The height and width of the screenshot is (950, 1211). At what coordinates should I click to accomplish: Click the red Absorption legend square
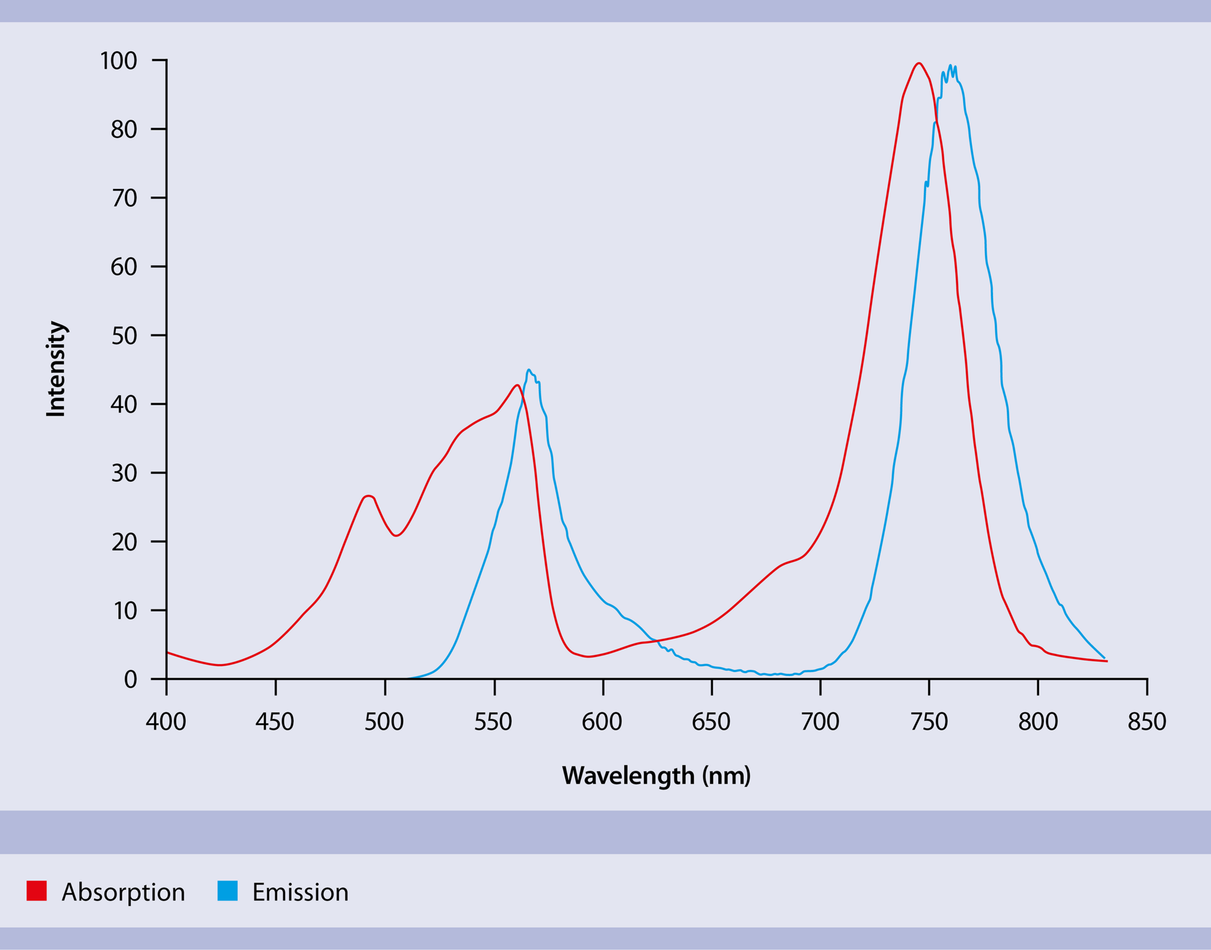coord(37,891)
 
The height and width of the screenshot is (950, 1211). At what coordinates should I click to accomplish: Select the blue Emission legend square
coord(227,891)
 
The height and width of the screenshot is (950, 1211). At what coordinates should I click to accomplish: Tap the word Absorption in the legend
coord(123,892)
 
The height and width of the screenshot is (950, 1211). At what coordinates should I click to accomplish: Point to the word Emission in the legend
coord(300,892)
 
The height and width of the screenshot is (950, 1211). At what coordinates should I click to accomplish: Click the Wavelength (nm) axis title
coord(656,776)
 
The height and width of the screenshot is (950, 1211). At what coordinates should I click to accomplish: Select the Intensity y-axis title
coord(56,369)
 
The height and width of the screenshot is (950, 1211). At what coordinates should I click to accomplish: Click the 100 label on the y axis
coord(118,61)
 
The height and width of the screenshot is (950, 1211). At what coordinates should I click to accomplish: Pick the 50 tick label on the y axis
coord(124,336)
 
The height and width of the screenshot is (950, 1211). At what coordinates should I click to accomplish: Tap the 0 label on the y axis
coord(131,679)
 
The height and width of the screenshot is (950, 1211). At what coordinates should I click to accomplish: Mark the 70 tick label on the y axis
coord(124,199)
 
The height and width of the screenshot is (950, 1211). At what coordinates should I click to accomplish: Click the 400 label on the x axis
coord(166,722)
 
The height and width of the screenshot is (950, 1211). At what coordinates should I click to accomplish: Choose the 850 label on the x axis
coord(1147,722)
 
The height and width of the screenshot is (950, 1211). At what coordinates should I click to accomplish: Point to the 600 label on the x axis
coord(602,722)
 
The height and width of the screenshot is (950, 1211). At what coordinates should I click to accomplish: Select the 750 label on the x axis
coord(929,722)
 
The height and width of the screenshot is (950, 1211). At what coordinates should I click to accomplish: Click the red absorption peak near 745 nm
coord(919,64)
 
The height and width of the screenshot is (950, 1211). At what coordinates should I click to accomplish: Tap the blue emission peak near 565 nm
coord(529,370)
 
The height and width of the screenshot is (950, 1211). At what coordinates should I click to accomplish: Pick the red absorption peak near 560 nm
coord(517,386)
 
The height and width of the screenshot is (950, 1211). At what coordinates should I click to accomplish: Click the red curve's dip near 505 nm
coord(396,535)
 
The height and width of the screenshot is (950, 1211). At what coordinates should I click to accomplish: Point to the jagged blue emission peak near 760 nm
coord(950,67)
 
